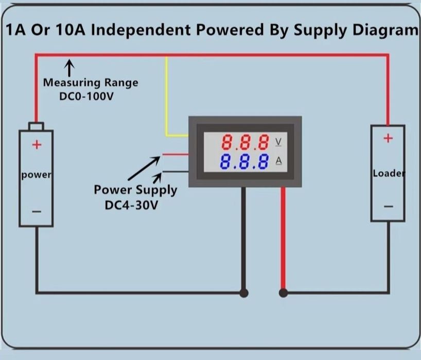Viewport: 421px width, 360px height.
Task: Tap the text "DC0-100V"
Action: click(86, 96)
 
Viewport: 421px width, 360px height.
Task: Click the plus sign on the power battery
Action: click(37, 145)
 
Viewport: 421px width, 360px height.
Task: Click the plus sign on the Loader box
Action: click(388, 138)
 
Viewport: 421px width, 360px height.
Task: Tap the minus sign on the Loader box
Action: click(388, 206)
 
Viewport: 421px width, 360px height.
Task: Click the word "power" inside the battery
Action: click(36, 175)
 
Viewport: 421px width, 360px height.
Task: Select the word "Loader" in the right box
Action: click(389, 173)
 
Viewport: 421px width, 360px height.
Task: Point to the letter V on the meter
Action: click(279, 141)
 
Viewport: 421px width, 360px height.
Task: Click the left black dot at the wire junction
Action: click(244, 293)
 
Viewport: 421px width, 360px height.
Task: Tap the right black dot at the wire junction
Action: click(283, 293)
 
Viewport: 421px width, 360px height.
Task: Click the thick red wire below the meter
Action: click(283, 237)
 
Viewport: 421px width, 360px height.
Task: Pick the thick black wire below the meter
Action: click(244, 237)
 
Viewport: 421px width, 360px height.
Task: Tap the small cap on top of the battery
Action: click(36, 126)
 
